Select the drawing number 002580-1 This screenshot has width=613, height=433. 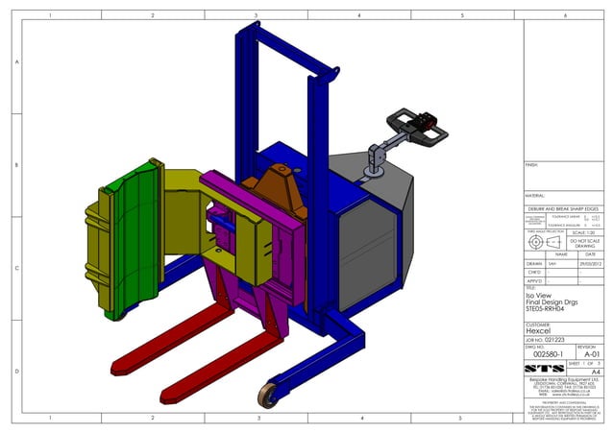coord(545,353)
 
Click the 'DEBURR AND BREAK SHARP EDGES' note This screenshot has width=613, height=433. coord(563,207)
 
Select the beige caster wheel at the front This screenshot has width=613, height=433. coord(267,394)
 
